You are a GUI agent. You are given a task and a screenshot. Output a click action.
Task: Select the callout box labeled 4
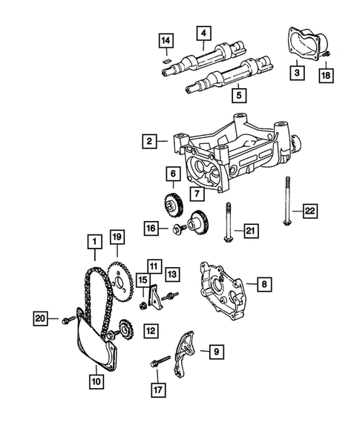coord(201,33)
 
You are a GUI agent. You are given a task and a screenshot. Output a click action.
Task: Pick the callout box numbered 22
coord(311,211)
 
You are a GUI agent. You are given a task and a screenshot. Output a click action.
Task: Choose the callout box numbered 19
coord(116,238)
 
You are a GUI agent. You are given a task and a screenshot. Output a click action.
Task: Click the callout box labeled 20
coord(42,318)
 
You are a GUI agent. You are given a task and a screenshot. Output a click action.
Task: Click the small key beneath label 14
coord(168,56)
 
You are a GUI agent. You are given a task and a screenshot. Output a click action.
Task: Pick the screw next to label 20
coord(67,319)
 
